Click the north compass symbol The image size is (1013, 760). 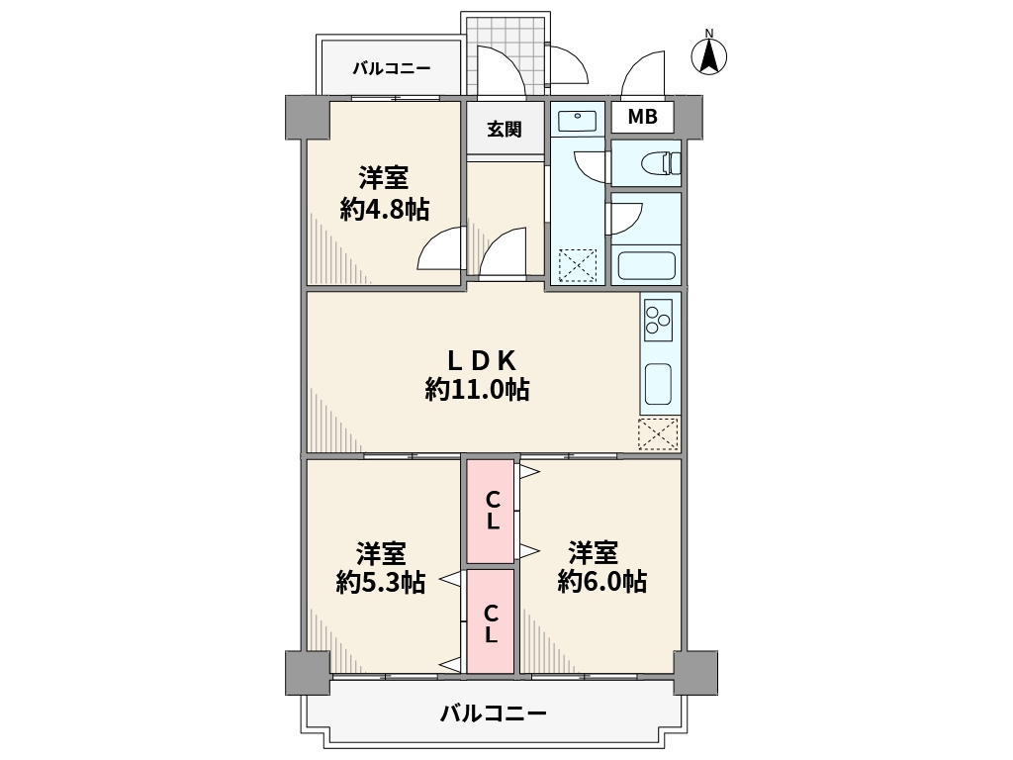pyautogui.click(x=708, y=54)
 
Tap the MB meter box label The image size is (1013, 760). pyautogui.click(x=643, y=117)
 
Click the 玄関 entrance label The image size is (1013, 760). pyautogui.click(x=504, y=130)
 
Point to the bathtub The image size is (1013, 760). pyautogui.click(x=647, y=265)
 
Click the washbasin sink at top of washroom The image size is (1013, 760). pyautogui.click(x=578, y=122)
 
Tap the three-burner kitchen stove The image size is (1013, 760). pyautogui.click(x=658, y=322)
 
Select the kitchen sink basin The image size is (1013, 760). pyautogui.click(x=658, y=384)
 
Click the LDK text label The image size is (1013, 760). pyautogui.click(x=482, y=360)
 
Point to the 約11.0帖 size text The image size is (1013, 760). pyautogui.click(x=478, y=389)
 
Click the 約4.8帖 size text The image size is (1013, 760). pyautogui.click(x=385, y=209)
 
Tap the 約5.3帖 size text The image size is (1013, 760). pyautogui.click(x=381, y=582)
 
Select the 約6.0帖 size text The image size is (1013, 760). pyautogui.click(x=602, y=581)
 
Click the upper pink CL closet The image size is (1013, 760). pyautogui.click(x=491, y=511)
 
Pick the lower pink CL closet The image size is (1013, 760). pyautogui.click(x=491, y=621)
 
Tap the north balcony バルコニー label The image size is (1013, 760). pyautogui.click(x=392, y=68)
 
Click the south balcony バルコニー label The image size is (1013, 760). pyautogui.click(x=494, y=713)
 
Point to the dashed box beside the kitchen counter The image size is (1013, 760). pyautogui.click(x=658, y=433)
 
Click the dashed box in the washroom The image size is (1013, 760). pyautogui.click(x=578, y=265)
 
